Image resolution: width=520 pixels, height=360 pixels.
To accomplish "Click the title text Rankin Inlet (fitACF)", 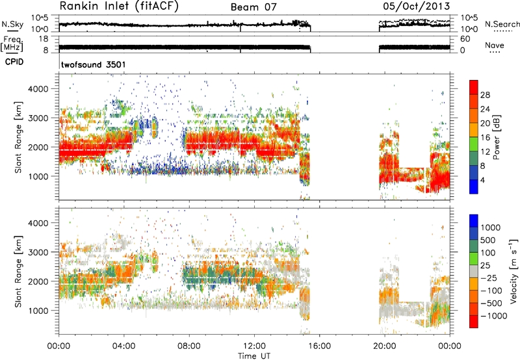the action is pyautogui.click(x=119, y=6).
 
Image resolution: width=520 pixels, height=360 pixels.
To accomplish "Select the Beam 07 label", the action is pyautogui.click(x=253, y=7).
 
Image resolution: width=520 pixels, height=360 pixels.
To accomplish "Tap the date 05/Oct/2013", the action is pyautogui.click(x=417, y=6).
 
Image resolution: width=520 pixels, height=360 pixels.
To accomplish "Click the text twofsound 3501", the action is pyautogui.click(x=94, y=64).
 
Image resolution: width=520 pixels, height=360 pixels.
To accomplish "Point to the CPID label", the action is pyautogui.click(x=14, y=62).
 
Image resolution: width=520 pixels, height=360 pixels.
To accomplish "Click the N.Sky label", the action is pyautogui.click(x=12, y=24).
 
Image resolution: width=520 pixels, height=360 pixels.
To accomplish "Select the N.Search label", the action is pyautogui.click(x=502, y=24).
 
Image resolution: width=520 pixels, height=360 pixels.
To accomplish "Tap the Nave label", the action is pyautogui.click(x=495, y=45).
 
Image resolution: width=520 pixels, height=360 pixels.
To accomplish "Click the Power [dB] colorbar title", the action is pyautogui.click(x=496, y=137).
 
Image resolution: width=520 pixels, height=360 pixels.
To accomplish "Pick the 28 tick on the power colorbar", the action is pyautogui.click(x=485, y=95).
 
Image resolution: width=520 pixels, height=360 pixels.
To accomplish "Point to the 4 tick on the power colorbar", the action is pyautogui.click(x=483, y=180).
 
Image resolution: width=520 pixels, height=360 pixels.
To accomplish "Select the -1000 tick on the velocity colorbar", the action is pyautogui.click(x=494, y=316).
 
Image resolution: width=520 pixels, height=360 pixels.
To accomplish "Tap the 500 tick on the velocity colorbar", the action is pyautogui.click(x=488, y=240).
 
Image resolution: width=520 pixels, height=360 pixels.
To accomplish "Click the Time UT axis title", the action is pyautogui.click(x=254, y=356).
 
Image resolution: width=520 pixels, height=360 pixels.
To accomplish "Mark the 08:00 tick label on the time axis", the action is pyautogui.click(x=189, y=346).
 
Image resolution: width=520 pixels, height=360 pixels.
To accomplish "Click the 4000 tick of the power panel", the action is pyautogui.click(x=38, y=89).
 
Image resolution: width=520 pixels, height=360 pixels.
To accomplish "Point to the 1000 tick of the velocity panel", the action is pyautogui.click(x=38, y=311).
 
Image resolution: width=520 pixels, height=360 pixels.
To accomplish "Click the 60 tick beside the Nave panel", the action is pyautogui.click(x=465, y=39).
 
